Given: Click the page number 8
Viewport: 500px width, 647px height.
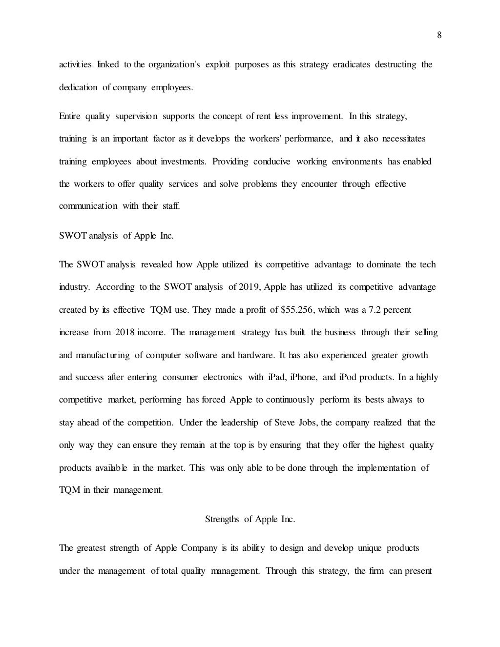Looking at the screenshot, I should (439, 35).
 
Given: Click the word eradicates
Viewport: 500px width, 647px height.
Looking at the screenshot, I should (352, 64).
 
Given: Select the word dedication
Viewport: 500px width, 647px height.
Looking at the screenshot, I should (78, 87).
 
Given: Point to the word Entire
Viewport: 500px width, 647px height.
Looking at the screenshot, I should (70, 116).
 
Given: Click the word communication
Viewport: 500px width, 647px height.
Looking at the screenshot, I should (88, 206).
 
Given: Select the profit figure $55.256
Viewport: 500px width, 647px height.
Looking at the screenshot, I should (297, 310).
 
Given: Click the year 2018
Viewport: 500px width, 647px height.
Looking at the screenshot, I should (125, 332).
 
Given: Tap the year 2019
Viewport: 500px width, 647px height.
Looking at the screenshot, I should (250, 287).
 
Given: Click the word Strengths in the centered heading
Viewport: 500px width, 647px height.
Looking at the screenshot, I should (222, 519).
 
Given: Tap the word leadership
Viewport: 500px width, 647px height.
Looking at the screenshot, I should (239, 423).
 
